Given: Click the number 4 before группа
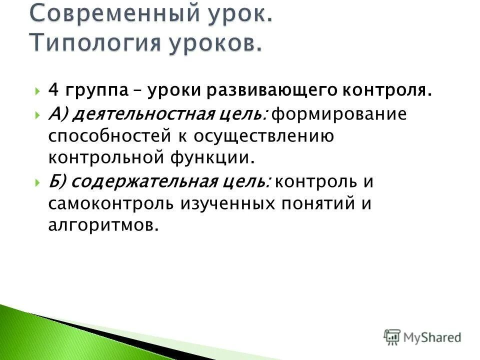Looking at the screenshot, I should [53, 91].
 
